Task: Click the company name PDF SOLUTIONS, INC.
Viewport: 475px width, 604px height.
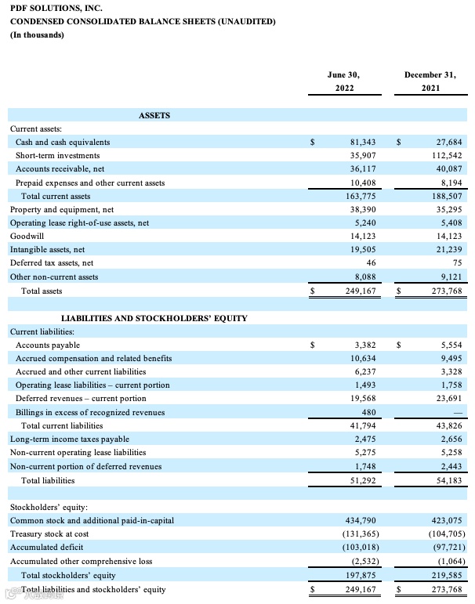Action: coord(56,8)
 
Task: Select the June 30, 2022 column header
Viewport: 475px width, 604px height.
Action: coord(344,81)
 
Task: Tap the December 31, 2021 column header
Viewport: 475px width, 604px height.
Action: coord(430,81)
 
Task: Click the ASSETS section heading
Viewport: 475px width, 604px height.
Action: coord(154,115)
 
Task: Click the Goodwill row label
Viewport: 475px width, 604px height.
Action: coord(27,236)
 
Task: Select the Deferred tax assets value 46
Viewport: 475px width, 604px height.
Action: coord(371,263)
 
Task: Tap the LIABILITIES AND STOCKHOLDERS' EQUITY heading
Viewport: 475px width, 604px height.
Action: coord(154,318)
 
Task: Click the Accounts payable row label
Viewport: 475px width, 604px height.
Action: coord(48,345)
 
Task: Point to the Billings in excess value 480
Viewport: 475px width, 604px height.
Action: coord(368,412)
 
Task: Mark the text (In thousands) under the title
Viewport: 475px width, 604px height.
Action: coord(37,35)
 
